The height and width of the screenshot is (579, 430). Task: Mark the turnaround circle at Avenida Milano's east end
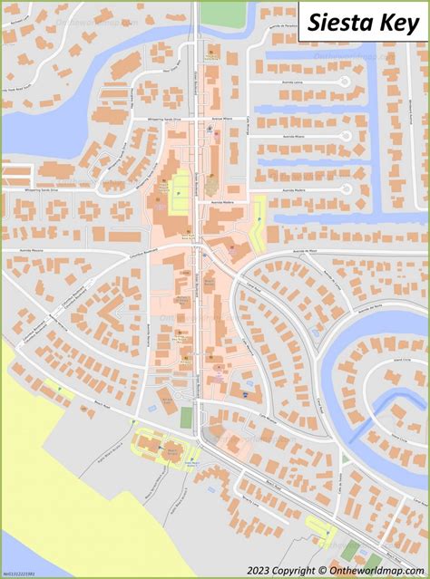346,136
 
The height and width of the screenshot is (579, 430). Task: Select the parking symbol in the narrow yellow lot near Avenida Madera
259,217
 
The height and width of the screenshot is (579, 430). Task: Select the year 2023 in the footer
230,570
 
